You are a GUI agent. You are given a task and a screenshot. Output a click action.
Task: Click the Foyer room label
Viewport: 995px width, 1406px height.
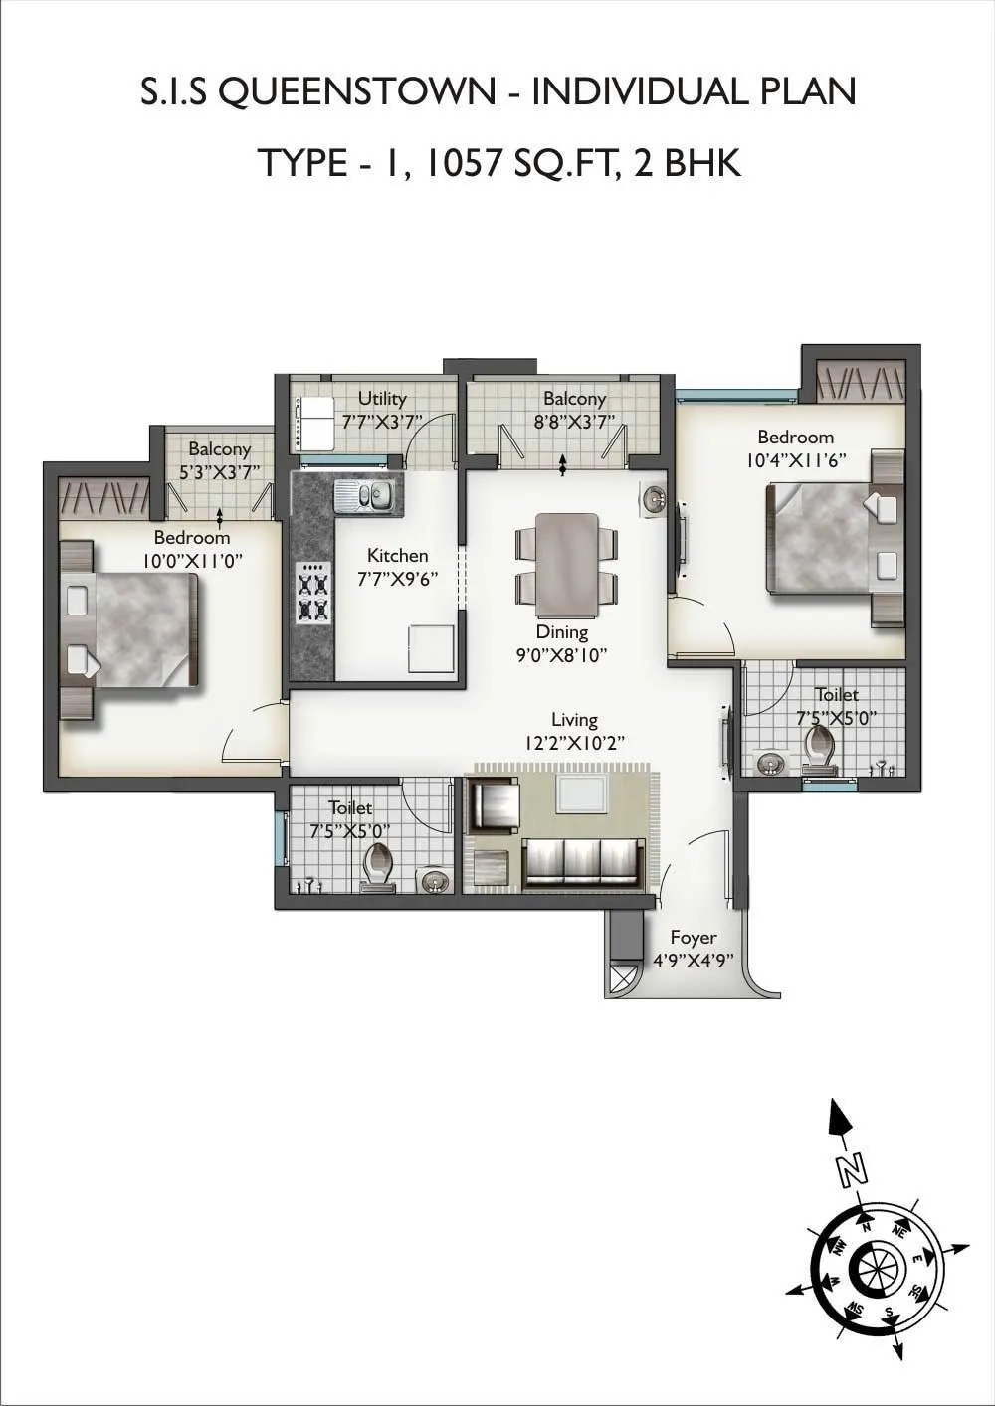[x=693, y=938]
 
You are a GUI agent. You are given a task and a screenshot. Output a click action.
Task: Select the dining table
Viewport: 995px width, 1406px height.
[x=566, y=564]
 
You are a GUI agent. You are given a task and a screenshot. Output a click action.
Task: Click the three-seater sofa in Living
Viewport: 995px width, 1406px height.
[x=581, y=861]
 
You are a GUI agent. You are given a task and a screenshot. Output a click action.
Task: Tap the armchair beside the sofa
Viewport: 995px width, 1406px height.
[x=494, y=805]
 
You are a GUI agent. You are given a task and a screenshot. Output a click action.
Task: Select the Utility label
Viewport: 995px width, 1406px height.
[x=382, y=399]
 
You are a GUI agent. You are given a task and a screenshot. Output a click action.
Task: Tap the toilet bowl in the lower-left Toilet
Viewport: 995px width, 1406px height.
[x=378, y=866]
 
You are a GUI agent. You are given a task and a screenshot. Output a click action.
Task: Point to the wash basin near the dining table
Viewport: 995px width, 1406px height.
[x=654, y=499]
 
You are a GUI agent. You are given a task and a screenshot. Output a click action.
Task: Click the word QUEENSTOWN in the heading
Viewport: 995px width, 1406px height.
[x=354, y=92]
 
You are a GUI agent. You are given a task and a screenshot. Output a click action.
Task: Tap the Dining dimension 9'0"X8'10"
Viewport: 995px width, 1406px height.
[x=561, y=654]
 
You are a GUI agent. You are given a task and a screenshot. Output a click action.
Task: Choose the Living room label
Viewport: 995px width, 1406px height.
[x=574, y=720]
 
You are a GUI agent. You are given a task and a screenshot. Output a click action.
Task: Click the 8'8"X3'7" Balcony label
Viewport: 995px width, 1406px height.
[x=574, y=399]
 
